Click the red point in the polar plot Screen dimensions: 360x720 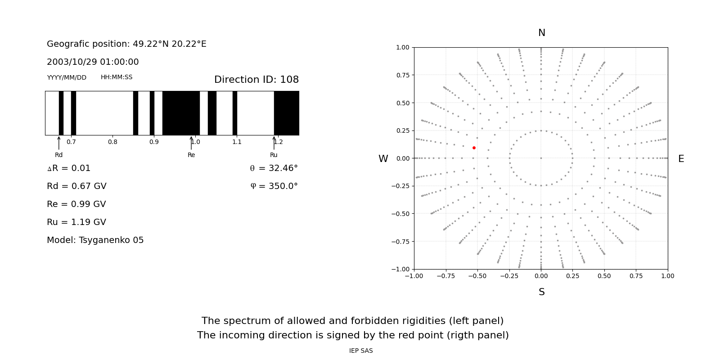474,148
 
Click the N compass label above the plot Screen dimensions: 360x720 542,33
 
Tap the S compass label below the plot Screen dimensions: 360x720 542,292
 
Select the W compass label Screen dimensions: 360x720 383,159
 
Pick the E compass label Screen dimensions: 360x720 681,159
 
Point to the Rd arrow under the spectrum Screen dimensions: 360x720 59,143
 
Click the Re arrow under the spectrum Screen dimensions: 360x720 191,143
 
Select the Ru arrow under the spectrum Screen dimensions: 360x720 274,143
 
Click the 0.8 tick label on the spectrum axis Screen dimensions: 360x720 112,142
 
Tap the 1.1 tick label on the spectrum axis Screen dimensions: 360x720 237,142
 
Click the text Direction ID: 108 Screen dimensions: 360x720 256,80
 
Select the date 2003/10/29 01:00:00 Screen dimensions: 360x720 93,62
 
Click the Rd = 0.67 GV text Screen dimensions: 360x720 76,186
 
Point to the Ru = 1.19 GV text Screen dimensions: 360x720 76,222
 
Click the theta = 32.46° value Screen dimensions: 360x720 274,168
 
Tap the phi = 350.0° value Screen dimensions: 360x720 274,186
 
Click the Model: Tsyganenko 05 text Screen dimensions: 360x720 95,240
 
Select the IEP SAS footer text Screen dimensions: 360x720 361,351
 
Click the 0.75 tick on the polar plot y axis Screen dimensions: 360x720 403,75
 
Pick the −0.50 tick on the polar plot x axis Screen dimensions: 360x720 477,276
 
